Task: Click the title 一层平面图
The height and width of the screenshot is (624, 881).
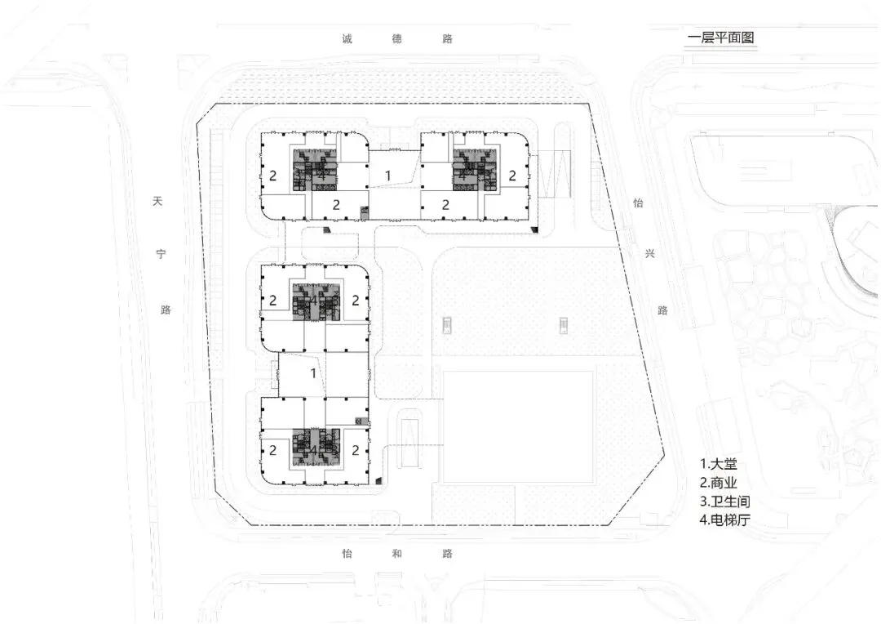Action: tap(723, 38)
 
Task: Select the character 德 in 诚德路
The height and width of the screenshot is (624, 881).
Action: tap(397, 38)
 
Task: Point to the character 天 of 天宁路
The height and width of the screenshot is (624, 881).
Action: tap(158, 200)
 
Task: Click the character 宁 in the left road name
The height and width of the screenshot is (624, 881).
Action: tap(162, 255)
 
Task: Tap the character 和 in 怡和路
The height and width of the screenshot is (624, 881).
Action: tap(397, 554)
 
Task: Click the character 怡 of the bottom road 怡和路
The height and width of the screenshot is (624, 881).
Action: tap(348, 554)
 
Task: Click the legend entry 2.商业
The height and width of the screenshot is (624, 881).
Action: tap(718, 482)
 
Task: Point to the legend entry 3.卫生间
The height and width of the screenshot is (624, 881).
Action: tap(724, 501)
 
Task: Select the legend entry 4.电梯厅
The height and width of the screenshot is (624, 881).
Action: tap(724, 519)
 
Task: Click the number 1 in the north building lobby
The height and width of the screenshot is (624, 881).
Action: tap(388, 175)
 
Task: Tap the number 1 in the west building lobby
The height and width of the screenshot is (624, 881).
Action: tap(313, 373)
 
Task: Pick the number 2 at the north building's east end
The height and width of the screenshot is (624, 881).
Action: tap(512, 175)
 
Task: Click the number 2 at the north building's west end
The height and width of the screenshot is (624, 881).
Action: tap(273, 175)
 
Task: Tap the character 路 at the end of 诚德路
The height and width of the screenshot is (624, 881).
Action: tap(447, 38)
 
